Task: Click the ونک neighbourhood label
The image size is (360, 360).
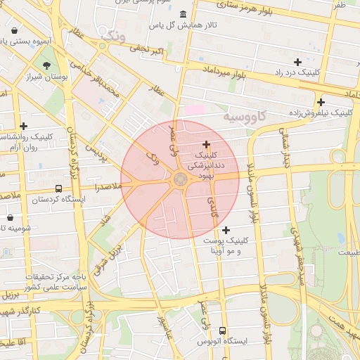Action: (x=115, y=34)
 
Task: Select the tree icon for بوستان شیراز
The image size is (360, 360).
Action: (x=46, y=66)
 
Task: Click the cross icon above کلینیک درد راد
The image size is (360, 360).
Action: (x=297, y=62)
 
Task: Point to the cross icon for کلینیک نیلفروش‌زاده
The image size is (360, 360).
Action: (x=320, y=102)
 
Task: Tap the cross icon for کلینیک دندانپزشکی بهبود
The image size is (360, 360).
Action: (x=206, y=143)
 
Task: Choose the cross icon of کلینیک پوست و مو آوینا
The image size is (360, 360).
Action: (x=226, y=230)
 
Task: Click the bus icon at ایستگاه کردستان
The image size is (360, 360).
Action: (x=58, y=188)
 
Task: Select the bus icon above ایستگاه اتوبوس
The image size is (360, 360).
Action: (x=223, y=330)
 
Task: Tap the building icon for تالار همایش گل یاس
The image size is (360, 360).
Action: (x=184, y=15)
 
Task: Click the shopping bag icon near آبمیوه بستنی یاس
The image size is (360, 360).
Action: (x=15, y=31)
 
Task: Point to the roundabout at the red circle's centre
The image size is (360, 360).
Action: (x=180, y=179)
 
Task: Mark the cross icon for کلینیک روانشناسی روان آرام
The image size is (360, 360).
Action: (x=23, y=126)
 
